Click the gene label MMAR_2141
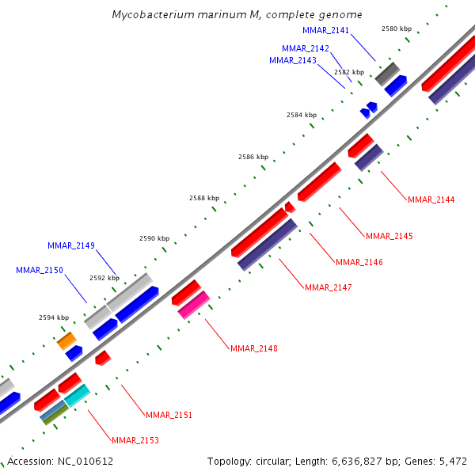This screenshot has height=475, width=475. pyautogui.click(x=326, y=30)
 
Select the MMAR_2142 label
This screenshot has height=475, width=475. pyautogui.click(x=306, y=48)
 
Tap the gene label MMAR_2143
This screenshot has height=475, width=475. pyautogui.click(x=293, y=60)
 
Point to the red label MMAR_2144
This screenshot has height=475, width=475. pyautogui.click(x=431, y=199)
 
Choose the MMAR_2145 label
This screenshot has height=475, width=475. pyautogui.click(x=389, y=236)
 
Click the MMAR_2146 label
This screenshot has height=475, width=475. pyautogui.click(x=359, y=262)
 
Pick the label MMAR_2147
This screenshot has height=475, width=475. pyautogui.click(x=329, y=287)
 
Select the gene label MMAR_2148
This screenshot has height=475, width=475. pyautogui.click(x=254, y=348)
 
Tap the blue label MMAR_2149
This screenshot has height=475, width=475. pyautogui.click(x=71, y=245)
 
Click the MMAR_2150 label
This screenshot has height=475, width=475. pyautogui.click(x=40, y=270)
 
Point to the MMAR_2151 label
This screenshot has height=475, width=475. pyautogui.click(x=169, y=415)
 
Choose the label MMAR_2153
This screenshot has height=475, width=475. pyautogui.click(x=135, y=440)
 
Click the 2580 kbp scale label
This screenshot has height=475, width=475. pyautogui.click(x=397, y=28)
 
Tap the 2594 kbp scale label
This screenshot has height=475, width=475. pyautogui.click(x=54, y=317)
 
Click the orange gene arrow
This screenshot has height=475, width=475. pyautogui.click(x=66, y=340)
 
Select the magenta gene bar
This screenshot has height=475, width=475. pyautogui.click(x=193, y=305)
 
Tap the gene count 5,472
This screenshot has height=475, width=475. pyautogui.click(x=451, y=461)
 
